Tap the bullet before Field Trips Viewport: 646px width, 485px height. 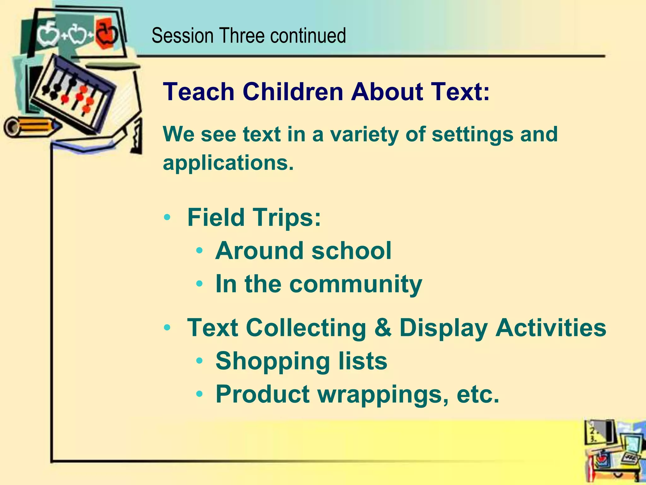pyautogui.click(x=167, y=218)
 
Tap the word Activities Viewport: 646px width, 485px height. pyautogui.click(x=550, y=328)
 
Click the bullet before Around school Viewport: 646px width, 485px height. pyautogui.click(x=199, y=251)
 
